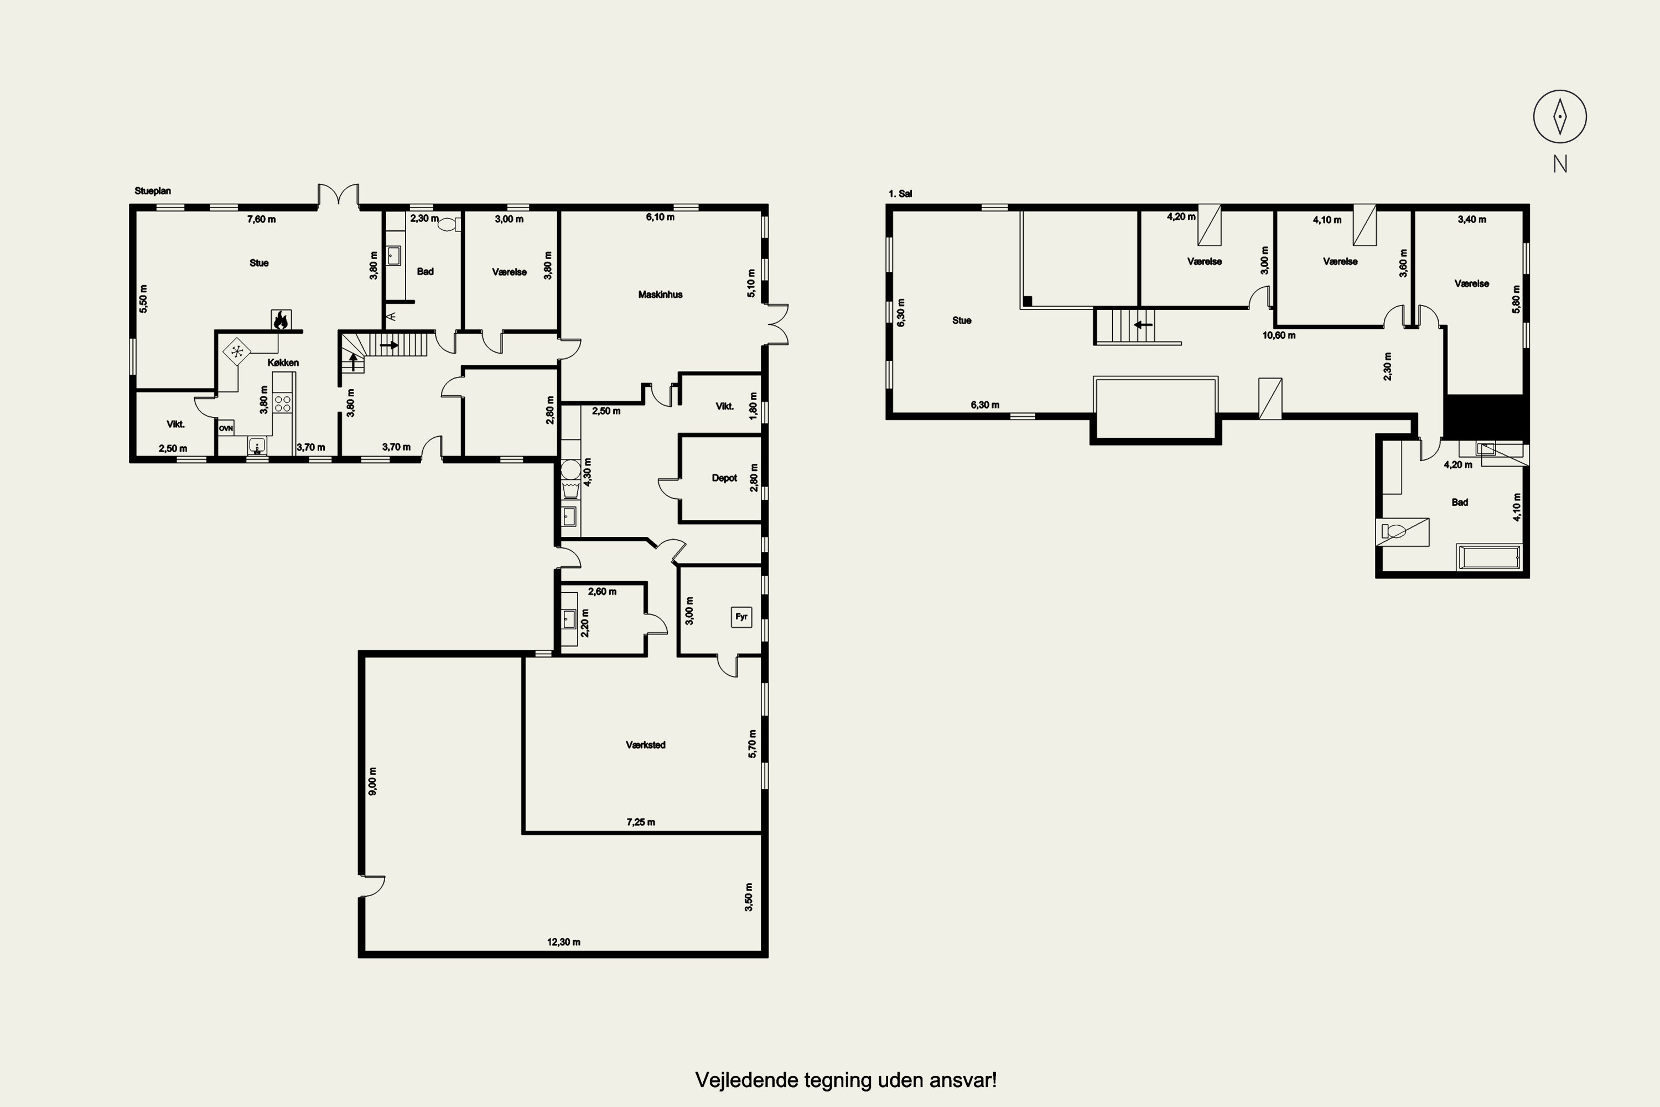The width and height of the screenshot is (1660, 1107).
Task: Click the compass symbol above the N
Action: coord(1560,116)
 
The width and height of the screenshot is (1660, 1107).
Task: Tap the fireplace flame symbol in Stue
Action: coord(281,320)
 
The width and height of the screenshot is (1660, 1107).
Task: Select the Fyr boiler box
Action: coord(741,617)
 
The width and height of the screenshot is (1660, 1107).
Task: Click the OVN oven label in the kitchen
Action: coord(226,428)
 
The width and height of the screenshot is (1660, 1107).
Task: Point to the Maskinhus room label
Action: coord(660,294)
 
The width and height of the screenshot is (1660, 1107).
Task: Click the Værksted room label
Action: coord(645,745)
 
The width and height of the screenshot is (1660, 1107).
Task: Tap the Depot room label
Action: coord(724,478)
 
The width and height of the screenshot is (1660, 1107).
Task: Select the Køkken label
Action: coord(283,362)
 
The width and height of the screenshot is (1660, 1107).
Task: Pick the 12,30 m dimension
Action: coord(563,942)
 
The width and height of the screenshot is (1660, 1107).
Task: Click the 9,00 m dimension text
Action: coord(372,781)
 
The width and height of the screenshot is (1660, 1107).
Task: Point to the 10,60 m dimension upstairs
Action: coord(1279,335)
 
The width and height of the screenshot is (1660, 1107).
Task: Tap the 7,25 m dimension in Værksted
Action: coord(640,822)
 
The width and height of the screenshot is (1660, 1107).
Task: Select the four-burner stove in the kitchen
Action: coord(282,404)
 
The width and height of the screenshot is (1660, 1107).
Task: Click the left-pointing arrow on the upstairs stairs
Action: coord(1143,325)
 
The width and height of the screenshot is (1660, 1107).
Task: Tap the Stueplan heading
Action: coord(153,190)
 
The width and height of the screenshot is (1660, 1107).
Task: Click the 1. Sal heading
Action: coord(900,193)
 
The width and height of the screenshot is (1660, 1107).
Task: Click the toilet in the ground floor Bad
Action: coord(448,225)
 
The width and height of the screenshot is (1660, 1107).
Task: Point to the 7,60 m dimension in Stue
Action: coord(261,219)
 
